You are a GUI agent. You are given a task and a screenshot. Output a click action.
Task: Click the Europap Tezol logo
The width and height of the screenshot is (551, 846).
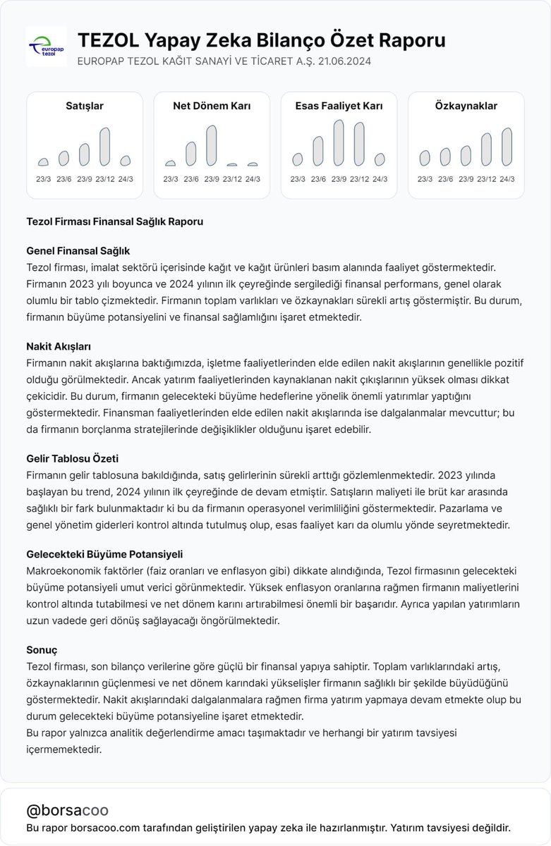point(46,47)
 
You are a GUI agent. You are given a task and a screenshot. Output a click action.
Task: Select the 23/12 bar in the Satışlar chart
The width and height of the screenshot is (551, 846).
point(105,147)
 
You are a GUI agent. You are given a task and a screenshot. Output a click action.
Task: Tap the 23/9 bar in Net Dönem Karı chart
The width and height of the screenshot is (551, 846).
point(211,145)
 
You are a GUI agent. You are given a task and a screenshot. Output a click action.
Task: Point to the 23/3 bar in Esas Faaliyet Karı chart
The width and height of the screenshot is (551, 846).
point(298,159)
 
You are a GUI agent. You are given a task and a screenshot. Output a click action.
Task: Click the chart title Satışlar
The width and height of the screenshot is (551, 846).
point(85,106)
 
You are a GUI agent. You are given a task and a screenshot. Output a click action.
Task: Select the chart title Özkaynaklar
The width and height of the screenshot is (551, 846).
point(466,106)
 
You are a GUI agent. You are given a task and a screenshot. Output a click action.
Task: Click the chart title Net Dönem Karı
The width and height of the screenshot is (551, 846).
point(212,106)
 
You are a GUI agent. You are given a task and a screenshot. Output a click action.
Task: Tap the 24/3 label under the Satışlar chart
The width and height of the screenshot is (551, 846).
point(126,179)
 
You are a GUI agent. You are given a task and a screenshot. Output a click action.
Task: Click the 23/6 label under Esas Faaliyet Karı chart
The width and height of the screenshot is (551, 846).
point(318,179)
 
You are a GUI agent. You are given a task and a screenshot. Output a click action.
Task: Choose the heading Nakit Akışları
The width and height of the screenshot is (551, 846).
point(59,347)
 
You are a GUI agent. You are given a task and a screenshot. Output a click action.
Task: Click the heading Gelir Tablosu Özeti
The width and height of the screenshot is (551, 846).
point(71,458)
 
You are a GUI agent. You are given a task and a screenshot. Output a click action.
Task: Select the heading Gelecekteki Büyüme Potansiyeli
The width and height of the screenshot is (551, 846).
point(99,554)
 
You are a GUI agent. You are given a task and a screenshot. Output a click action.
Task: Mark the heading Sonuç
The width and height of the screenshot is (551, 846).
point(42,649)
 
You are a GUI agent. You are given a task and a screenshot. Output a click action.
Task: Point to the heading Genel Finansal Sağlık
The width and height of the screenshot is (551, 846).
point(78,251)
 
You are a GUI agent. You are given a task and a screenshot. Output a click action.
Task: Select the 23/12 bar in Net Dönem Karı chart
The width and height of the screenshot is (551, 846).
point(231,164)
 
